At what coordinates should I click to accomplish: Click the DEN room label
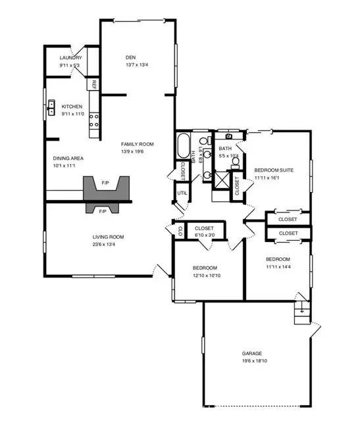(x=130, y=57)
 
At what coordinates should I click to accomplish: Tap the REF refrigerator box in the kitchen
(x=93, y=84)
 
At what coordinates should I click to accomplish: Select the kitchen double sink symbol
(x=51, y=107)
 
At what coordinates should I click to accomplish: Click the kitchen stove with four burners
(x=94, y=121)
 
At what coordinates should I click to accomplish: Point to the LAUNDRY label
(x=70, y=58)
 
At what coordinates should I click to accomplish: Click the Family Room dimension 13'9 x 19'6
(x=132, y=151)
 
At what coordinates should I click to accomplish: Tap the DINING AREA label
(x=68, y=159)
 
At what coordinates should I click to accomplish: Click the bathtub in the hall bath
(x=184, y=145)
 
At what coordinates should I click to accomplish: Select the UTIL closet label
(x=182, y=193)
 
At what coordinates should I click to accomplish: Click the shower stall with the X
(x=222, y=180)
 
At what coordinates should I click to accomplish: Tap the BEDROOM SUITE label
(x=274, y=170)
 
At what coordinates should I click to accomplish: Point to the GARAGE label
(x=252, y=353)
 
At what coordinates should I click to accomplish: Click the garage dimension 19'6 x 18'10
(x=255, y=361)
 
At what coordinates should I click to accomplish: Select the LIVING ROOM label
(x=109, y=237)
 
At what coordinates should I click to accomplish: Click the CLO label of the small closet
(x=180, y=231)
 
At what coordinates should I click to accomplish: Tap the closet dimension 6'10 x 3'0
(x=205, y=235)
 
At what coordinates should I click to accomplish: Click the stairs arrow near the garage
(x=302, y=308)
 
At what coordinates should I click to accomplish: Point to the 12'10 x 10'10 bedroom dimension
(x=207, y=276)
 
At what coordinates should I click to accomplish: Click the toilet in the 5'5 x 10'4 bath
(x=236, y=162)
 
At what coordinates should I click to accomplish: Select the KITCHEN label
(x=72, y=107)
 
